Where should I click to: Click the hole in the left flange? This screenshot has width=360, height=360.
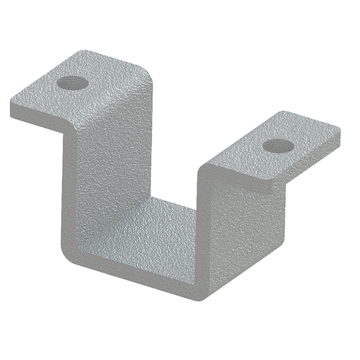pyautogui.click(x=72, y=83)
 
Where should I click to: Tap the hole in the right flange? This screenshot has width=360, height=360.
pyautogui.click(x=278, y=146)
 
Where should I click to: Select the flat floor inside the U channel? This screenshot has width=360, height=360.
pyautogui.click(x=158, y=229)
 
